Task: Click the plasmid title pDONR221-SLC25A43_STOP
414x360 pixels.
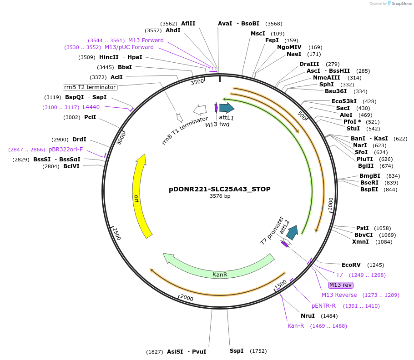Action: point(219,189)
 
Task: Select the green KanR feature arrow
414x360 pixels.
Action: point(219,269)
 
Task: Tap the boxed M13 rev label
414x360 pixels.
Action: point(341,285)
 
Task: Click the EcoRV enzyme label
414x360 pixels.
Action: point(351,265)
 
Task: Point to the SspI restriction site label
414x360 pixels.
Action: point(236,351)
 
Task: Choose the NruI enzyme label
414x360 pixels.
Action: point(308,316)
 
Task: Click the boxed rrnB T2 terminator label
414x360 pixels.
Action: point(90,87)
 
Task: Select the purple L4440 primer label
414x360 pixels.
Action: point(91,107)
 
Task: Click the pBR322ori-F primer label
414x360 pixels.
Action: point(66,150)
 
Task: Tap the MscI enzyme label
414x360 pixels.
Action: point(258,34)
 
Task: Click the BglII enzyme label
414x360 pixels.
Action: point(365,166)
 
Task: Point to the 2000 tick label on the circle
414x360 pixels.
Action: point(187,298)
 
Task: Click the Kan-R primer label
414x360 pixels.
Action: point(296,326)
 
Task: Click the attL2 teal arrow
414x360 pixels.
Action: point(292,232)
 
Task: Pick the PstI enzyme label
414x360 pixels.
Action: point(362,228)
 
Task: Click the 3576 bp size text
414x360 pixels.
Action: point(220,196)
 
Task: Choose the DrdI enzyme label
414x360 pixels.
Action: point(79,140)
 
